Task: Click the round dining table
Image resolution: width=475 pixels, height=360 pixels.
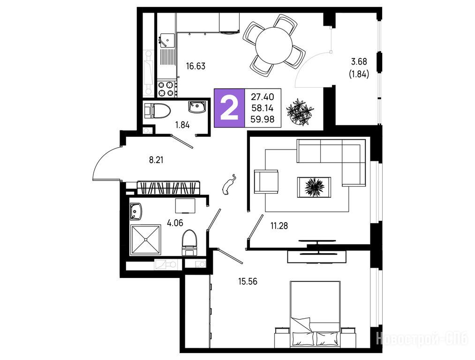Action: tap(274, 45)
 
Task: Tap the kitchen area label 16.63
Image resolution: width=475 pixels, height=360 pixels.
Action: tap(196, 66)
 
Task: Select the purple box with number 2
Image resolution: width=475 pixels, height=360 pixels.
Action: tap(229, 108)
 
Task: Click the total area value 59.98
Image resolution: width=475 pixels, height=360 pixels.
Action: tap(262, 120)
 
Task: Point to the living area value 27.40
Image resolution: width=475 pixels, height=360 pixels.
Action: tap(262, 97)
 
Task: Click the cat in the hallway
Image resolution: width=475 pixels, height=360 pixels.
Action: tap(228, 184)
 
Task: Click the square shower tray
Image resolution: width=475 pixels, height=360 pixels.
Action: tap(146, 240)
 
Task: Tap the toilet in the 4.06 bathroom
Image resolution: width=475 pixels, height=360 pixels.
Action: tap(189, 243)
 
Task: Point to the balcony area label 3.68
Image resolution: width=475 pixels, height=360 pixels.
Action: tap(359, 62)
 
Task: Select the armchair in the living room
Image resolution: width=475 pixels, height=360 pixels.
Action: tap(266, 181)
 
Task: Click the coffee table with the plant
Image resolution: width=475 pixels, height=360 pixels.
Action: tap(314, 187)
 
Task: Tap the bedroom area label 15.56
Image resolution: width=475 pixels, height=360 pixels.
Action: tap(248, 282)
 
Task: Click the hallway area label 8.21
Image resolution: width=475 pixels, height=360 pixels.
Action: tap(156, 159)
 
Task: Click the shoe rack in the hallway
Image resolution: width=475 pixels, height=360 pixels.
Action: tap(169, 187)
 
